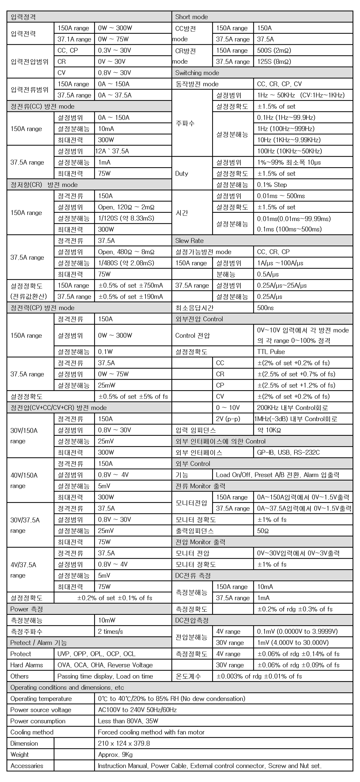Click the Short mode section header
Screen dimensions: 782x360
[192, 17]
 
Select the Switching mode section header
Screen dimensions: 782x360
[197, 73]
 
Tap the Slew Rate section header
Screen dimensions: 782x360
[190, 241]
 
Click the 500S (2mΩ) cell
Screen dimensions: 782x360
[274, 50]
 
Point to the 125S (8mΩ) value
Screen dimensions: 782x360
[274, 62]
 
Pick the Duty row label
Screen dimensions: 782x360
[182, 174]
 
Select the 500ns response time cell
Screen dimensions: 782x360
[265, 308]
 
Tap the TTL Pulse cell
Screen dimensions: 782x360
[271, 352]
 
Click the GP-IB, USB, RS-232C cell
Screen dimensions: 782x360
[288, 453]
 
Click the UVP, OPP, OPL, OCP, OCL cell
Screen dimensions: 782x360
[96, 654]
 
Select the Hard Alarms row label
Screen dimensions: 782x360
[26, 665]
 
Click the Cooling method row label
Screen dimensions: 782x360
[32, 732]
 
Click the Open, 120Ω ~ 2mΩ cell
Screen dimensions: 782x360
[126, 207]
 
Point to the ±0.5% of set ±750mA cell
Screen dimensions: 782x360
[131, 286]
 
